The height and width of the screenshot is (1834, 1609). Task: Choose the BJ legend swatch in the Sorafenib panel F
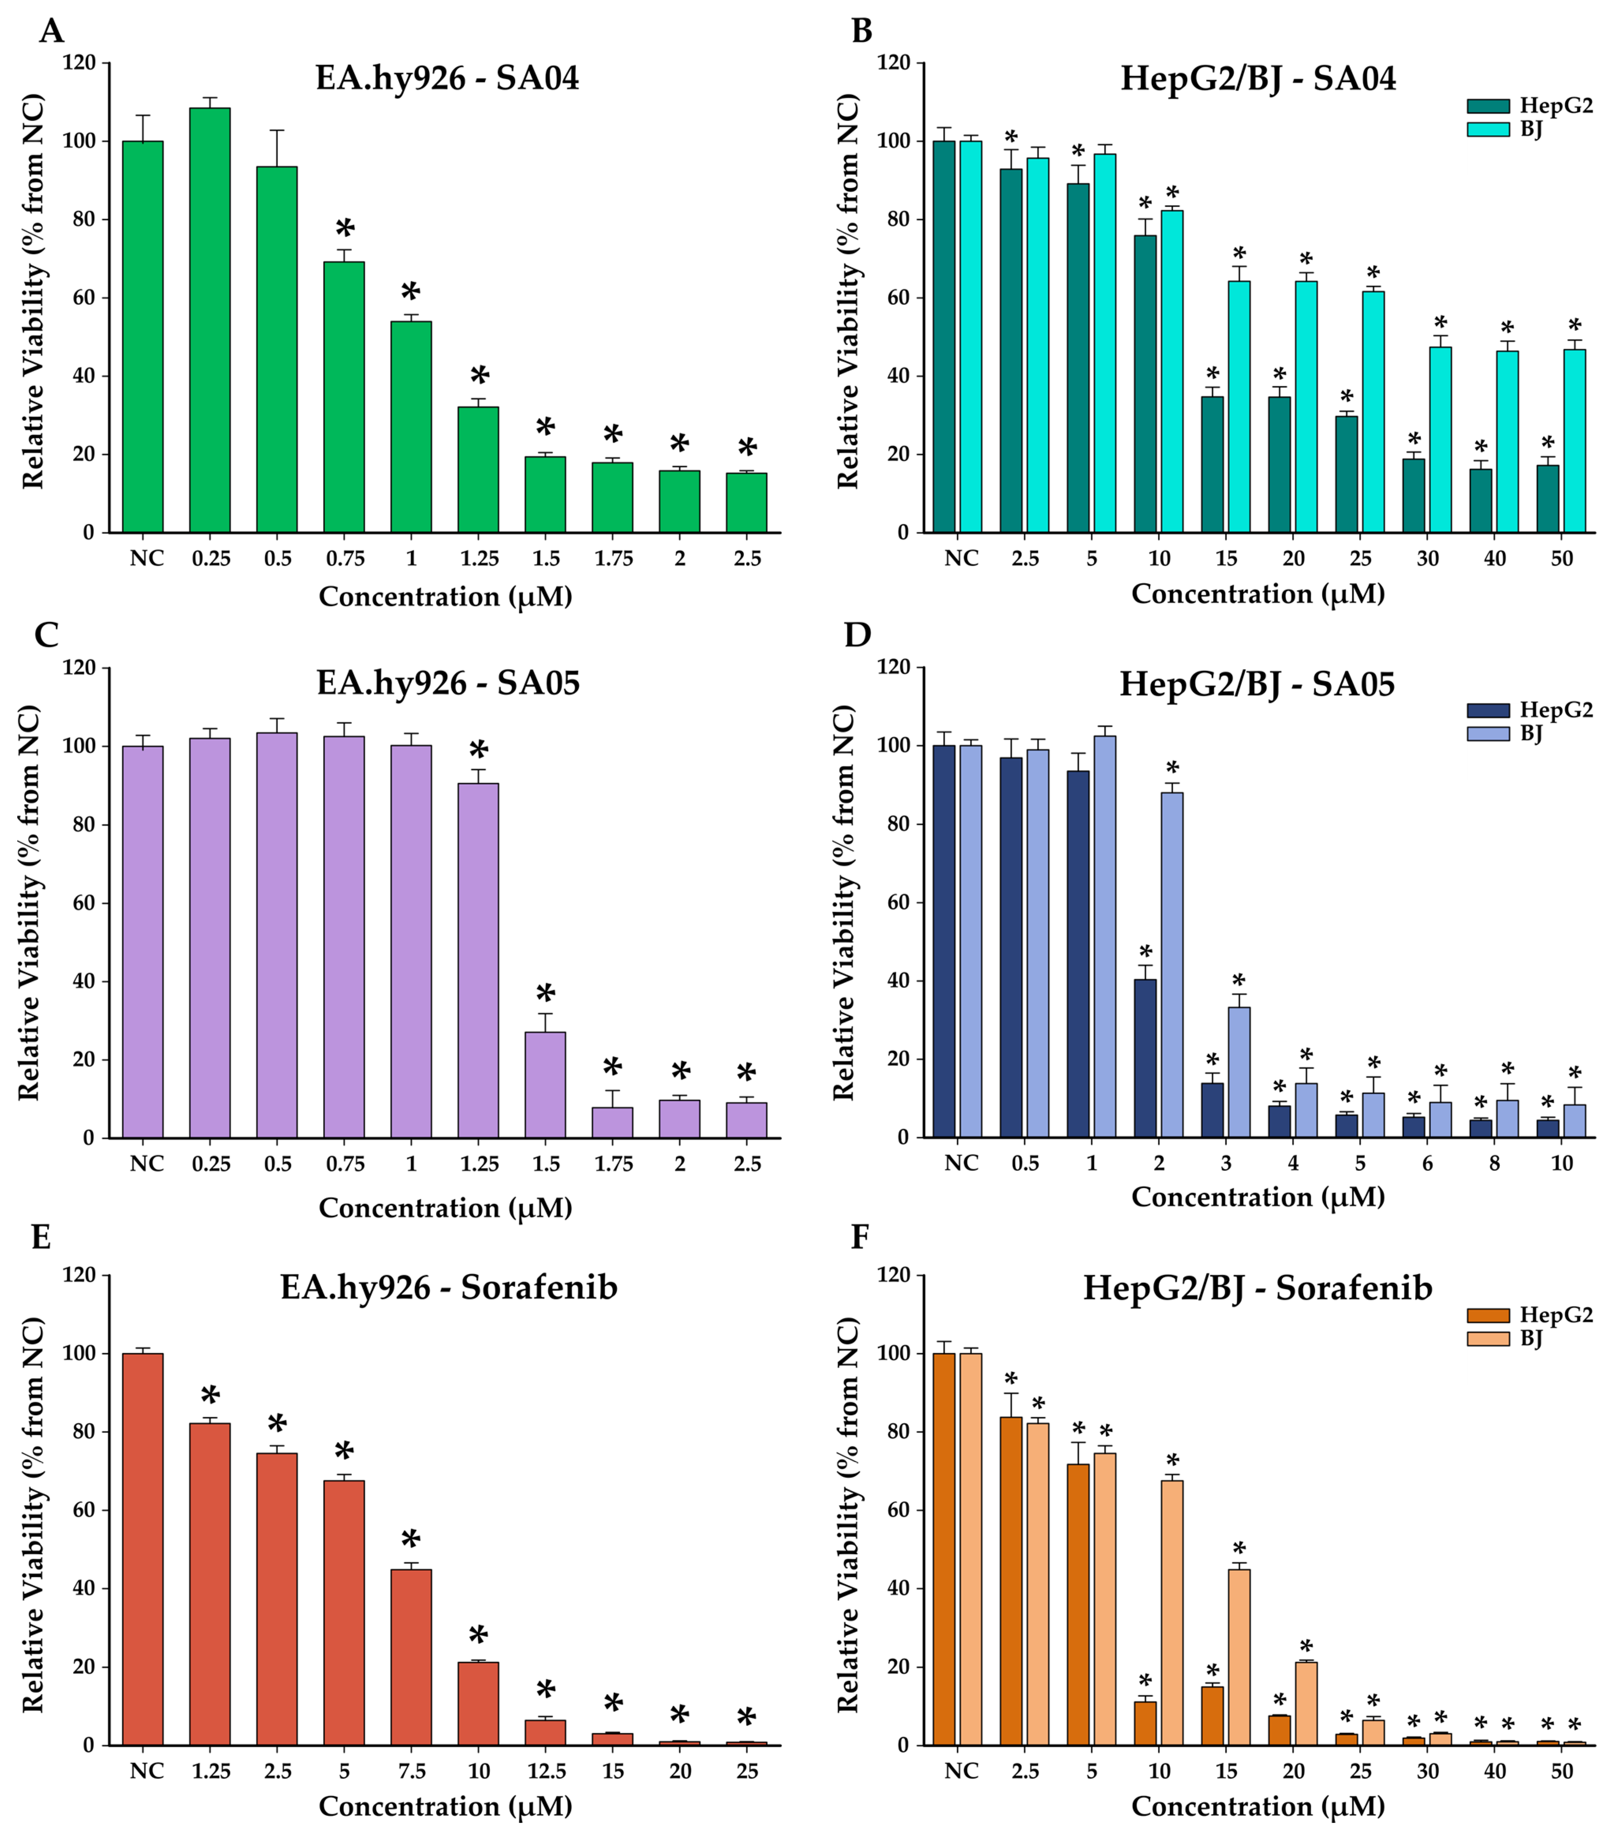[x=1488, y=1339]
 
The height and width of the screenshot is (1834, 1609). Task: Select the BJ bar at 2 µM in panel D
[x=1171, y=965]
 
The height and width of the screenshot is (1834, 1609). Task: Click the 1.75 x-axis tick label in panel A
[x=613, y=558]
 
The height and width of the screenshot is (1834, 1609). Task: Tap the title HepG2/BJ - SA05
[x=1256, y=684]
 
